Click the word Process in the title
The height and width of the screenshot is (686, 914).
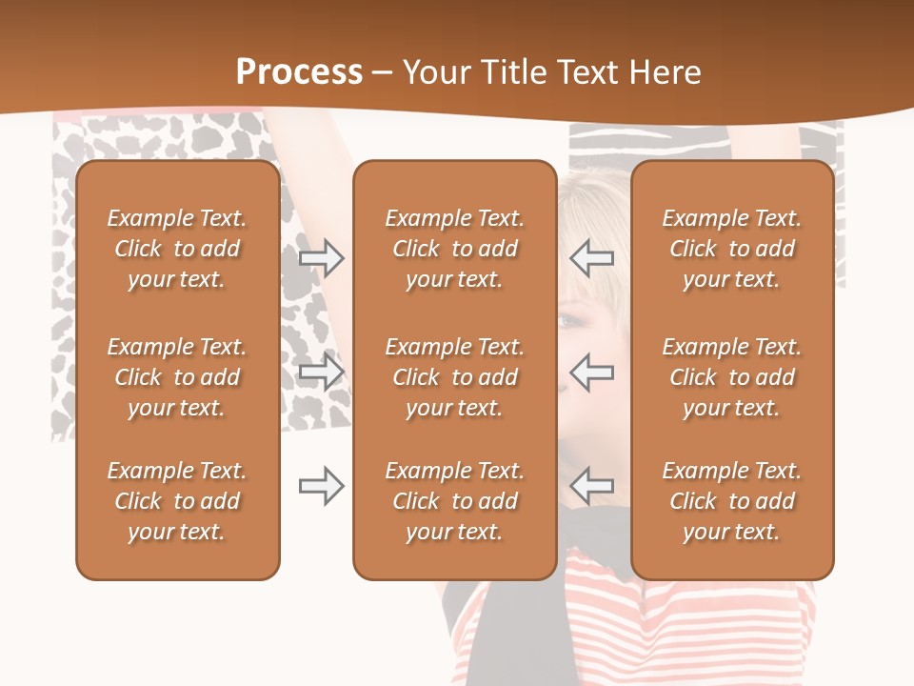(299, 72)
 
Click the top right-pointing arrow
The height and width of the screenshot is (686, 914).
(321, 257)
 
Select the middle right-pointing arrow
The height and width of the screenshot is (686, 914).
(321, 372)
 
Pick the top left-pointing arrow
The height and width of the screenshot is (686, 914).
(592, 257)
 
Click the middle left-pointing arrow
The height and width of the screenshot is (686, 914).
(592, 372)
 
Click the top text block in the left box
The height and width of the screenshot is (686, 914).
(177, 249)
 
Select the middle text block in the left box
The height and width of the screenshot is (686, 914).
(177, 377)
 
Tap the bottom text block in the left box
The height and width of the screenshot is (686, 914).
(177, 501)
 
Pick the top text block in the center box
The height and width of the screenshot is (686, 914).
(454, 249)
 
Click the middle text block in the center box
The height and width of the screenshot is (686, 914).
(454, 377)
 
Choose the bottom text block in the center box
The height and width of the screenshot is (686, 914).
(454, 501)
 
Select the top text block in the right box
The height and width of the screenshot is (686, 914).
(732, 249)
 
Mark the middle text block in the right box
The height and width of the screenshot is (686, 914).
(732, 377)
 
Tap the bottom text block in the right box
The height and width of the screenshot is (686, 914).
(732, 501)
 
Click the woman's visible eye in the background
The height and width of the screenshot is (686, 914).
(568, 322)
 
